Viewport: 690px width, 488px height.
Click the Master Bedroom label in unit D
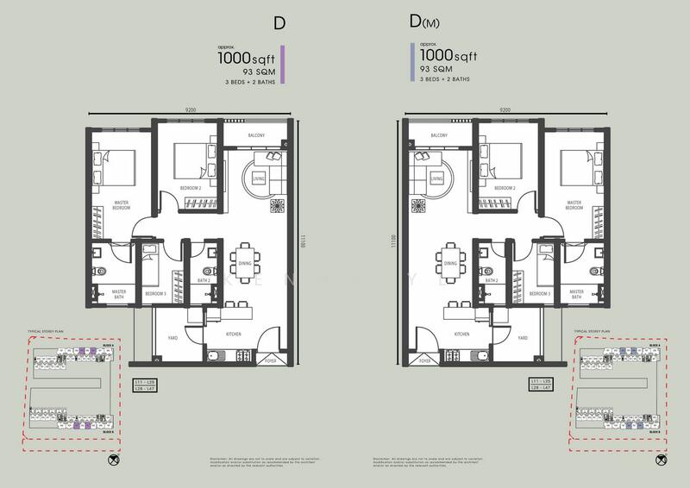[121, 205]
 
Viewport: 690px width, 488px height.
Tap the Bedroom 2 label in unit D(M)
[505, 187]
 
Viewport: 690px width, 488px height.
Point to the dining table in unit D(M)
[449, 256]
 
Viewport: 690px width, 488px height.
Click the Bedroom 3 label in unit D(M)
[542, 294]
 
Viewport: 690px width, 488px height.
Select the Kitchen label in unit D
[234, 333]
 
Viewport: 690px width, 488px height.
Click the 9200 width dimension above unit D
[194, 110]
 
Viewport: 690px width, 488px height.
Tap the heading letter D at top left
[279, 23]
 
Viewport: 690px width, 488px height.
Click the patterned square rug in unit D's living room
[276, 206]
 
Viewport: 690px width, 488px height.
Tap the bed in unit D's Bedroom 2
[193, 160]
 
